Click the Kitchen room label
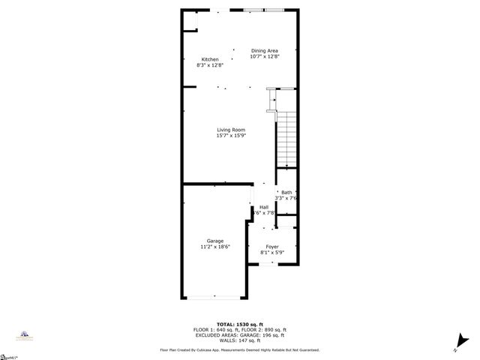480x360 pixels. coord(209,58)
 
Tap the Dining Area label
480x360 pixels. coord(264,50)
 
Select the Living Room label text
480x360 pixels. coord(231,130)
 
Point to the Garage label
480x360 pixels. coord(214,241)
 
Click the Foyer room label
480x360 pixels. coord(272,246)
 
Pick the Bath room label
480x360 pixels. coord(286,193)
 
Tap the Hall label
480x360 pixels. coord(264,207)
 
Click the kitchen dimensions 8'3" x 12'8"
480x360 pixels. coord(210,65)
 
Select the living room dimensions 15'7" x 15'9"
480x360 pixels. coord(231,136)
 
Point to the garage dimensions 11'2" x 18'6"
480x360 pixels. coord(214,247)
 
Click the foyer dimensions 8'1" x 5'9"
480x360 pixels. coord(272,252)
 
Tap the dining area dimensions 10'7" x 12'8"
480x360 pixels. coord(264,56)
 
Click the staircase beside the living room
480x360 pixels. coord(287,139)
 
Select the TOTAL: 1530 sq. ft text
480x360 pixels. coord(239,324)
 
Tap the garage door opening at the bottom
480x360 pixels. coord(214,298)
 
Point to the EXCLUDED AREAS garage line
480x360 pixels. coord(239,334)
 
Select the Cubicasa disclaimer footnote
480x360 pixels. coord(239,349)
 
